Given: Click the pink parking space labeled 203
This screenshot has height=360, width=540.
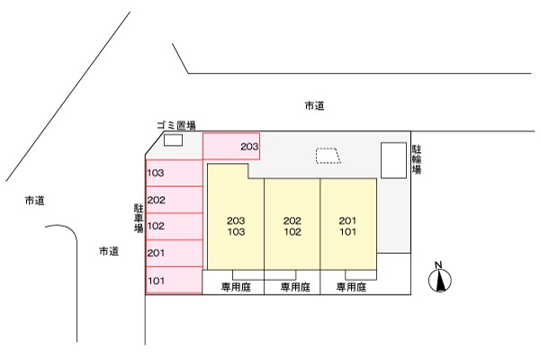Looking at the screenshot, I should [x=231, y=146].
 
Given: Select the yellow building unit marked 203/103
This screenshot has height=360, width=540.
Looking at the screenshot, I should [x=236, y=225].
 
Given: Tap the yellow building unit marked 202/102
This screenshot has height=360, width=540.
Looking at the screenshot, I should [x=292, y=225].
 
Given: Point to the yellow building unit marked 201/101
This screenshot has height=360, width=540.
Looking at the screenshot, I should [x=347, y=225].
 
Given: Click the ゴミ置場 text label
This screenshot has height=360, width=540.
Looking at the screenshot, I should [x=175, y=126].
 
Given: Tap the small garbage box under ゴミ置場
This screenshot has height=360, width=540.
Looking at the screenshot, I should [x=172, y=139].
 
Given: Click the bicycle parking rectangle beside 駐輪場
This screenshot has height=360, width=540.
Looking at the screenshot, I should [x=393, y=160].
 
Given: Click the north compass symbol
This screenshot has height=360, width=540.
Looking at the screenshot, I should [x=440, y=279].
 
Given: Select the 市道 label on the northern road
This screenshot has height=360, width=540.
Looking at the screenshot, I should [x=314, y=106].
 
